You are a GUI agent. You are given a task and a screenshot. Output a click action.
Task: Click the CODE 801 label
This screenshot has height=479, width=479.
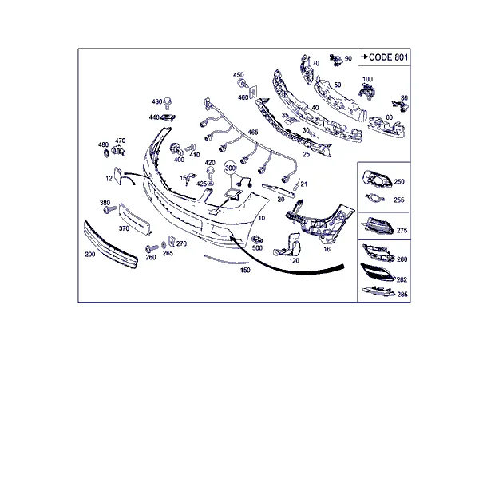click(388, 57)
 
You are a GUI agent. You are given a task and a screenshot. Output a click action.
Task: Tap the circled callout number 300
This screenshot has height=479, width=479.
click(231, 168)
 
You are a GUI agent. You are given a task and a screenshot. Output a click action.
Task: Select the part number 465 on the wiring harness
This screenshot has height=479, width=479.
click(253, 132)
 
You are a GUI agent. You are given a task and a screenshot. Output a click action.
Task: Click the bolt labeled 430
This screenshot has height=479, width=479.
click(168, 103)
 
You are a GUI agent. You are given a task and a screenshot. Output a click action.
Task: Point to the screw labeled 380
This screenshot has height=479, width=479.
click(109, 209)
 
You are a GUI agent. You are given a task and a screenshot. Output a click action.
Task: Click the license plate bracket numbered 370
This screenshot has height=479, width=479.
click(135, 219)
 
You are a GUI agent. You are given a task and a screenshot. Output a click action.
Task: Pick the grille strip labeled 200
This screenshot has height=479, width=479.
click(111, 244)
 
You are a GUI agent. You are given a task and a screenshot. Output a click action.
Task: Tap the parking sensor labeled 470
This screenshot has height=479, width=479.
click(118, 151)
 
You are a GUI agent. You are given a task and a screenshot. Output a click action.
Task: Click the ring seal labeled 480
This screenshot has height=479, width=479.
click(106, 153)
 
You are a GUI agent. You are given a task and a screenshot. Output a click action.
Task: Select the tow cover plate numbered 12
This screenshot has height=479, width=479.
click(118, 176)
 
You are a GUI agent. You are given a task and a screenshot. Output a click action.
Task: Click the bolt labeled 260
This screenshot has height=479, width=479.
click(152, 248)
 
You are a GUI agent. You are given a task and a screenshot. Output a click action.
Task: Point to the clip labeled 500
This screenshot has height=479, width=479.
click(257, 239)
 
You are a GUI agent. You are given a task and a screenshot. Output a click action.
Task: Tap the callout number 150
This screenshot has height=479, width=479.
click(245, 270)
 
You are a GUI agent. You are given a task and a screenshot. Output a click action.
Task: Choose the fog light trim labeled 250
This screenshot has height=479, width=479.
click(377, 179)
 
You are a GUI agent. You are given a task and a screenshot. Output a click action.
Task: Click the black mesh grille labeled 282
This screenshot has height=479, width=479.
click(378, 272)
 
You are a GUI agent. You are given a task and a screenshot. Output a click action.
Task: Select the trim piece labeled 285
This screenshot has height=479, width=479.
click(378, 291)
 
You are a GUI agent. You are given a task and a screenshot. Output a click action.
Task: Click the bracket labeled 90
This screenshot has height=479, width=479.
click(336, 60)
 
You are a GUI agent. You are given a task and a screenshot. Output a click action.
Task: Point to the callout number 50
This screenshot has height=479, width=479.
click(337, 85)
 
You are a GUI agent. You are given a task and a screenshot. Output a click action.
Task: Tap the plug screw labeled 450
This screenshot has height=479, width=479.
click(243, 83)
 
